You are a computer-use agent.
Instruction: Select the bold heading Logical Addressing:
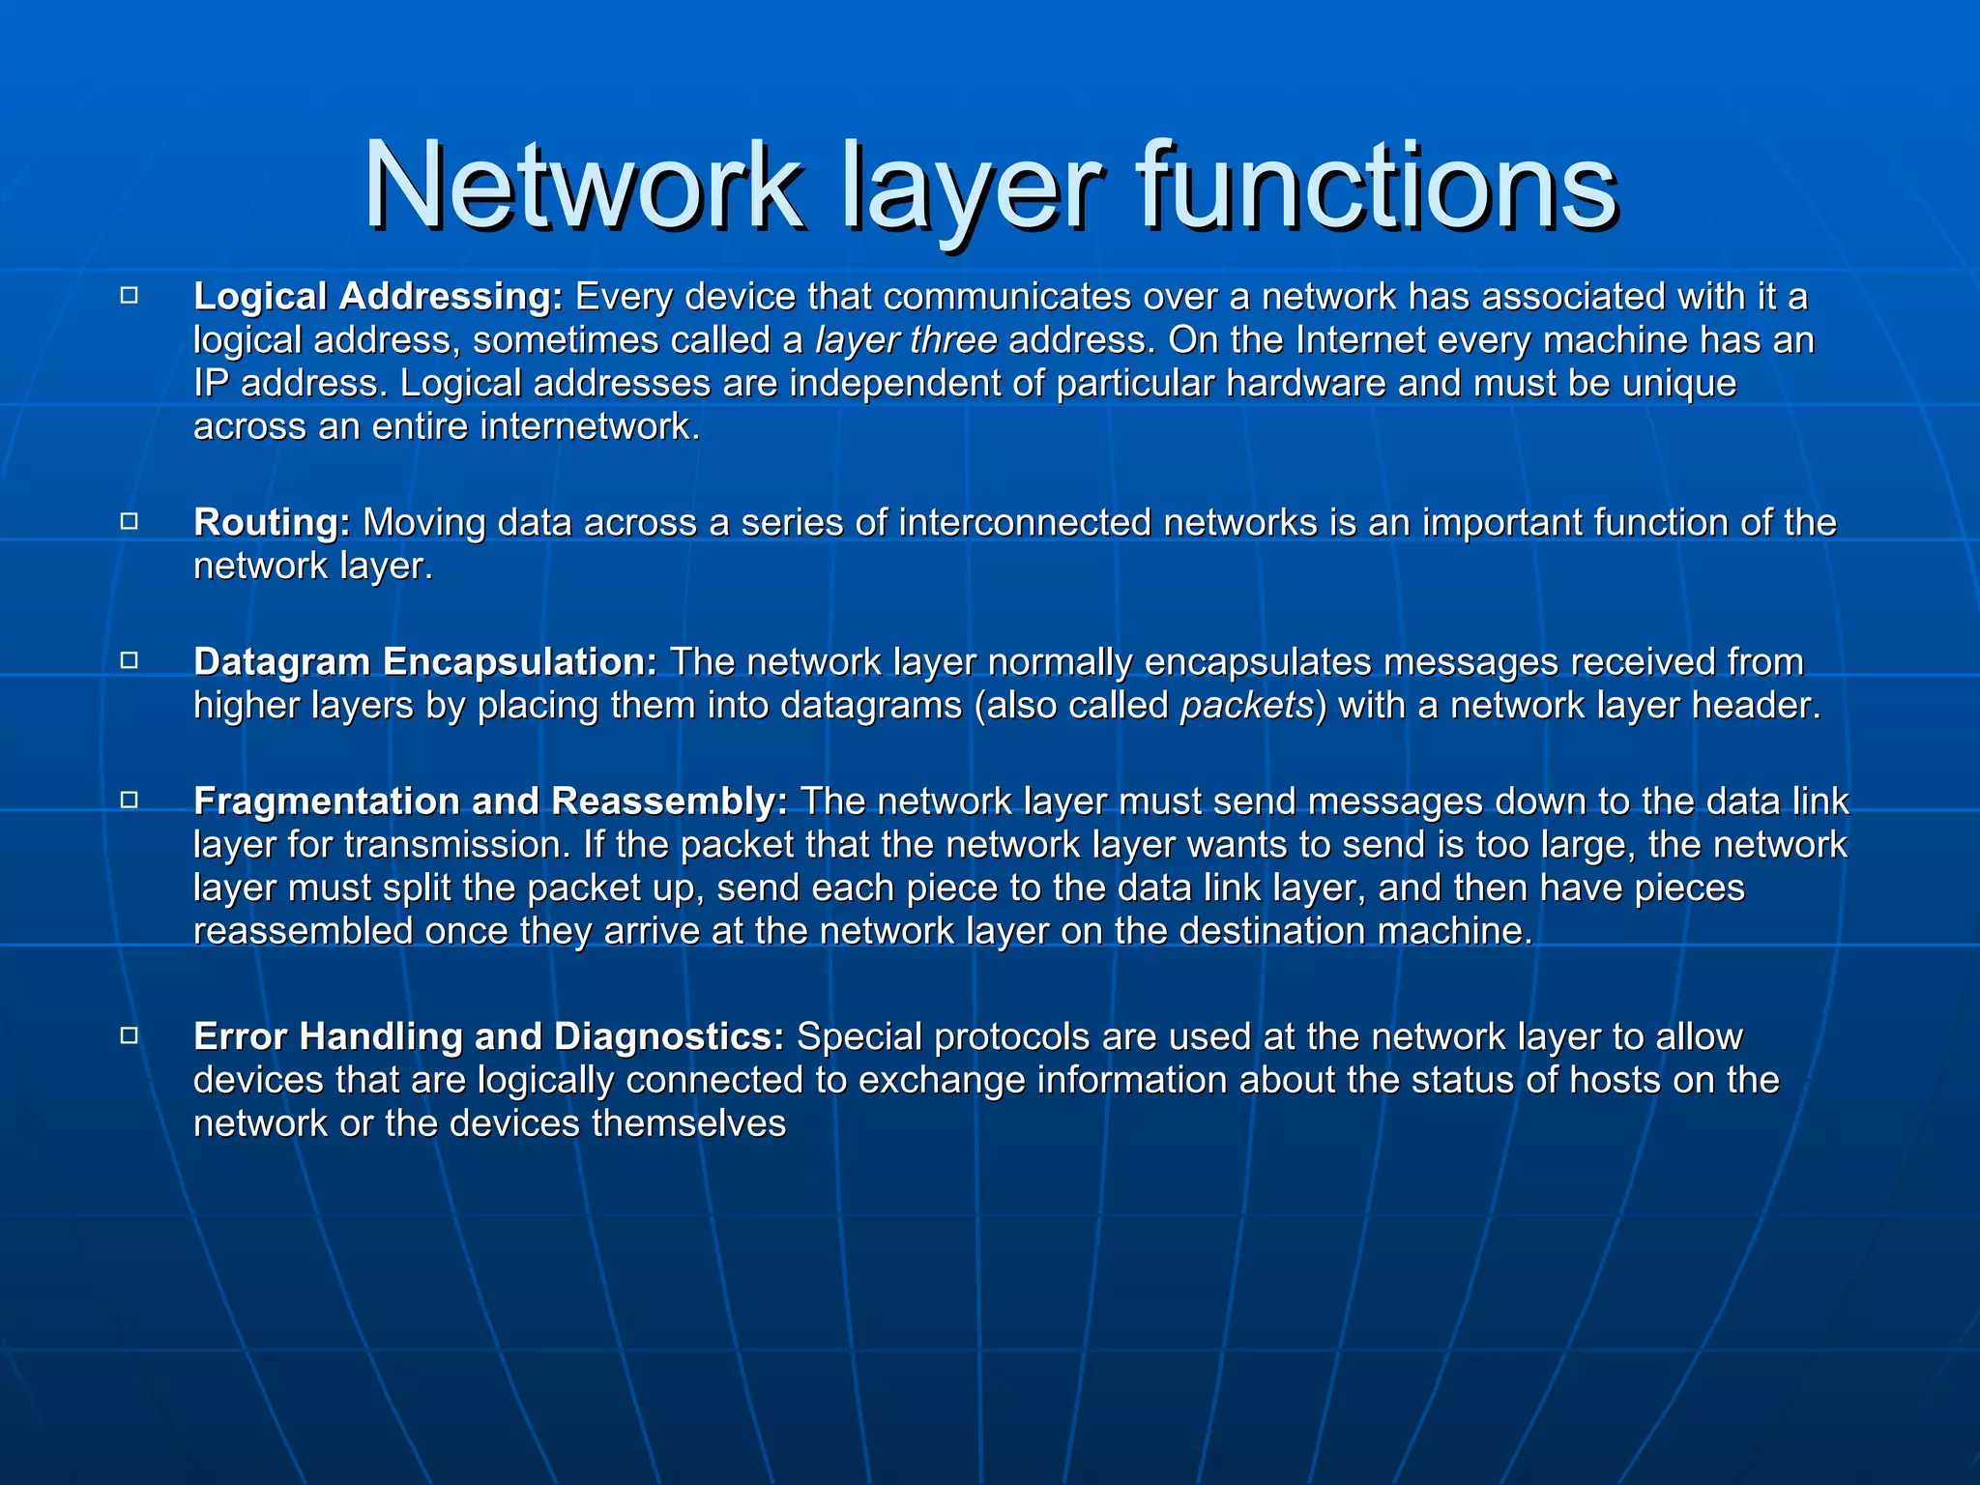tap(378, 297)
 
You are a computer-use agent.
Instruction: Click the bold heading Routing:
tap(272, 523)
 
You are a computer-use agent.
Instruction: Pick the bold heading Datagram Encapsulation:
tap(425, 662)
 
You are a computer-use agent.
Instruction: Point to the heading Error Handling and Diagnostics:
tap(489, 1036)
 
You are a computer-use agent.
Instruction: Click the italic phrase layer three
tap(906, 340)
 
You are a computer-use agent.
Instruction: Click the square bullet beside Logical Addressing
tap(130, 296)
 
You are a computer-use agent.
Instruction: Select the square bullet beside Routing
tap(130, 522)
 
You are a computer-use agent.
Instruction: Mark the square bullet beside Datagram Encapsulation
tap(130, 661)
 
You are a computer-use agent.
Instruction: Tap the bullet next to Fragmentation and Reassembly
tap(130, 801)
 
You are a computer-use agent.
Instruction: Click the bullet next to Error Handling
tap(130, 1035)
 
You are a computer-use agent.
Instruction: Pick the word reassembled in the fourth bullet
tap(303, 931)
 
